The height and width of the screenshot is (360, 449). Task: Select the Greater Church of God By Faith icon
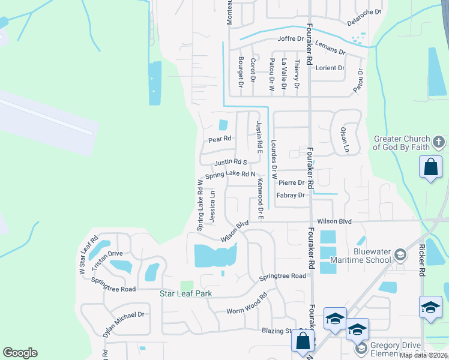coord(439,143)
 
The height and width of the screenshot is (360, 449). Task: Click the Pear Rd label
coord(220,139)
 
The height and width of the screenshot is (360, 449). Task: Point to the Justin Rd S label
coord(231,162)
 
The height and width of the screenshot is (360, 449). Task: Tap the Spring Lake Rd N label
coord(231,175)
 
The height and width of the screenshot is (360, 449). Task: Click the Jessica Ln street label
coord(213,207)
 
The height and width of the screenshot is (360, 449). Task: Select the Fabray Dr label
coord(291,195)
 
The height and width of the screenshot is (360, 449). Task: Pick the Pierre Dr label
coord(292,182)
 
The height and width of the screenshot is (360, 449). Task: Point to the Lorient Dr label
coord(330,68)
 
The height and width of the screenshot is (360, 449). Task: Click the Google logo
coord(20,353)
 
